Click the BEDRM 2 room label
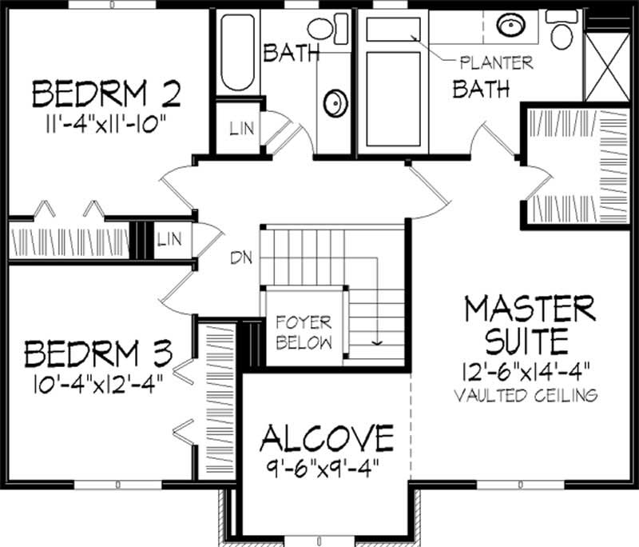(106, 94)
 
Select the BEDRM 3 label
(97, 352)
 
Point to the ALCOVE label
(327, 438)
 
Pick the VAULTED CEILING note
(527, 394)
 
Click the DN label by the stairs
(242, 258)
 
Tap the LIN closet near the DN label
(168, 238)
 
